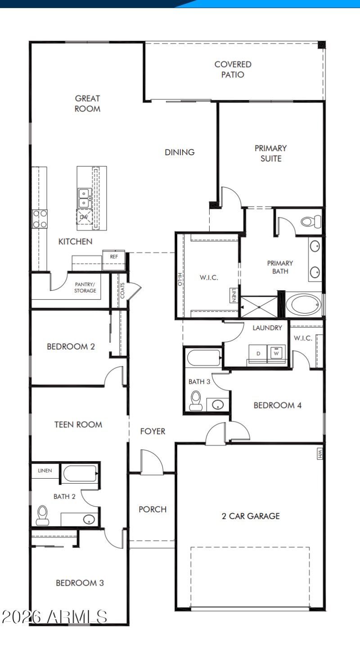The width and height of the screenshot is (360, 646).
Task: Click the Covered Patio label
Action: (233, 70)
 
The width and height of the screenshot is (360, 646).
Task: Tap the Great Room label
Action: (87, 103)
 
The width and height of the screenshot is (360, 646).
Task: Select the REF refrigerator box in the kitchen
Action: (114, 256)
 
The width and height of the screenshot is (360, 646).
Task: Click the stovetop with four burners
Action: (40, 219)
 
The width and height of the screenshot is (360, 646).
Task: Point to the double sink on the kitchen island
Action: (84, 198)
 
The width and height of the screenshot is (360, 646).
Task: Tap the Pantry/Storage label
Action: (85, 287)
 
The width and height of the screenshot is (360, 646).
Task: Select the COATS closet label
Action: (122, 290)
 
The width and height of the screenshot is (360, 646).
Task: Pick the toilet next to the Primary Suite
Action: (311, 221)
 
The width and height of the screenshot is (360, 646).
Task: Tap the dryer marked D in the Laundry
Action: (258, 354)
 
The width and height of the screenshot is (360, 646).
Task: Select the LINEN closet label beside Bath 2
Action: (45, 471)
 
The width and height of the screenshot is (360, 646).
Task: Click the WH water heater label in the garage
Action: (320, 454)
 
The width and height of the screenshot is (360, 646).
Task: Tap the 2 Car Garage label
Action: (251, 516)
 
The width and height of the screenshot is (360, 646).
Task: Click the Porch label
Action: (152, 509)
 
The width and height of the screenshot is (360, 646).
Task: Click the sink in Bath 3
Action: (218, 404)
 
